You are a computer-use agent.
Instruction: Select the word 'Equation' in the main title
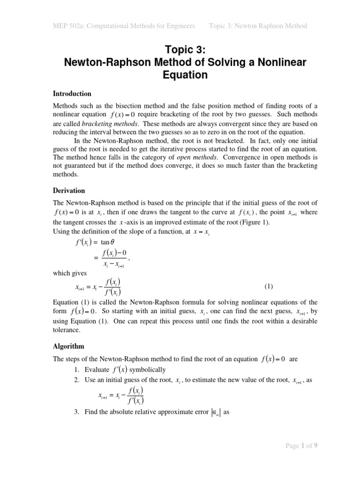180,75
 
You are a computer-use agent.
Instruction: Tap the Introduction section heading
72,94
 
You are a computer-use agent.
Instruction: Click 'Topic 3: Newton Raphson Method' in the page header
258,26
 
